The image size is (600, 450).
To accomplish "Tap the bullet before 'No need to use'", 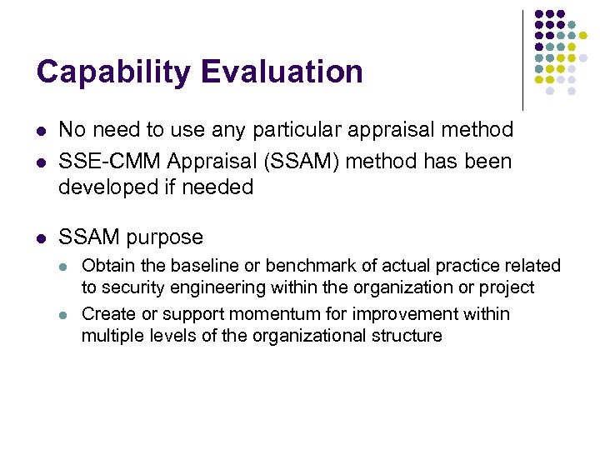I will pyautogui.click(x=41, y=131).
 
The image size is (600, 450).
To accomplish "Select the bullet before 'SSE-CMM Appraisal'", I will pyautogui.click(x=41, y=161).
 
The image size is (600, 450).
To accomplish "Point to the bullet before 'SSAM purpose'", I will pyautogui.click(x=41, y=237).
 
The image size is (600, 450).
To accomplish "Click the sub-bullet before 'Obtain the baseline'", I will pyautogui.click(x=66, y=267).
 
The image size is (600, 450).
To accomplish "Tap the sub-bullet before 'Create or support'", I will pyautogui.click(x=66, y=315).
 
